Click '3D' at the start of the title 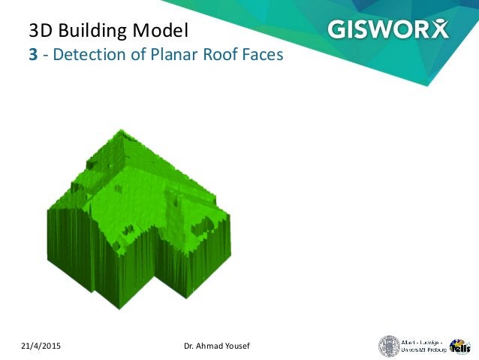point(41,31)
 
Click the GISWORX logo point(387,29)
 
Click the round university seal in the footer point(388,346)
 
